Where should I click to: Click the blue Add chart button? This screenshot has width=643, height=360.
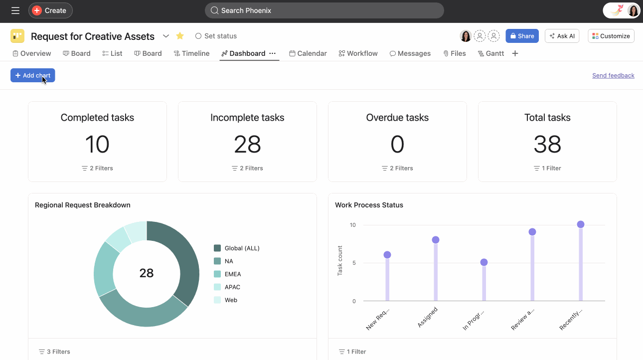(32, 75)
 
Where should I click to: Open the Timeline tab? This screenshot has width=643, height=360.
(191, 53)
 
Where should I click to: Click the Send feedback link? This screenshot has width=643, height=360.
(613, 75)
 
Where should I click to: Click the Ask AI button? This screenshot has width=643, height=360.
(562, 36)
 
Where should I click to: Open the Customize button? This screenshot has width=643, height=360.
(611, 36)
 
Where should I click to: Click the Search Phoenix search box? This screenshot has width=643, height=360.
(324, 10)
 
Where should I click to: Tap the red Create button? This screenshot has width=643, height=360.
(50, 10)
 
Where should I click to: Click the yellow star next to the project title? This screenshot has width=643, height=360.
(180, 36)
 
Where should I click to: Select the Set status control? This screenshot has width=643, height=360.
(216, 36)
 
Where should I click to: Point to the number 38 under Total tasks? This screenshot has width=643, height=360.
(547, 145)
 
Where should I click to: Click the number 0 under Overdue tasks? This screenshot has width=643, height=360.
(397, 145)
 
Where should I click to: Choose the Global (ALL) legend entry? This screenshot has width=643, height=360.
(242, 248)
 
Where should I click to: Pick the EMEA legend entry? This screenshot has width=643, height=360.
(233, 274)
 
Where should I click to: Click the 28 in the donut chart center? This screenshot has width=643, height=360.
(147, 273)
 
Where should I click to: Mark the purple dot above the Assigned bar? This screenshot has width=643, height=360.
(435, 240)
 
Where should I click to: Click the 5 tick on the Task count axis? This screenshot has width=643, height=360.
(353, 263)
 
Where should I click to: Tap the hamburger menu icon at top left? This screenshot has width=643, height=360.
(15, 10)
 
